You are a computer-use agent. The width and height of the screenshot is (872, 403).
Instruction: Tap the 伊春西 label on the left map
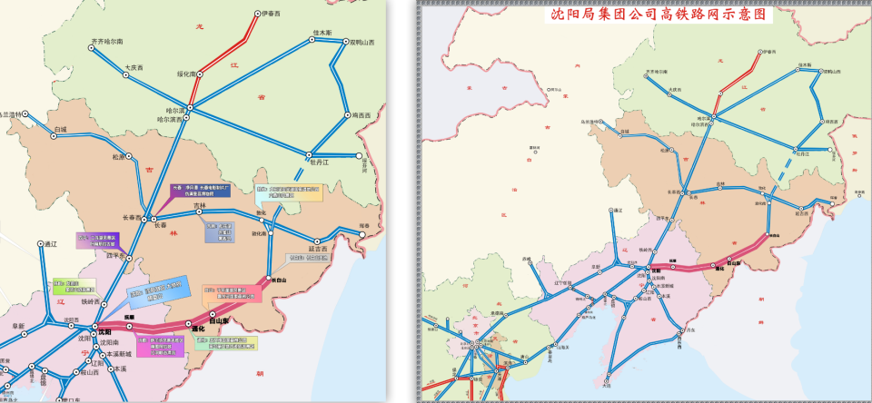(x=271, y=14)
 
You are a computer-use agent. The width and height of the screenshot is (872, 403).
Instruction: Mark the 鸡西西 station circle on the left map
(x=347, y=115)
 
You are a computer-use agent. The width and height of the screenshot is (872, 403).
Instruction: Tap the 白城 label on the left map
(x=61, y=130)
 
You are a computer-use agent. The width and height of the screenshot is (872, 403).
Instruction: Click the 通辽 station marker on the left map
(x=40, y=243)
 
